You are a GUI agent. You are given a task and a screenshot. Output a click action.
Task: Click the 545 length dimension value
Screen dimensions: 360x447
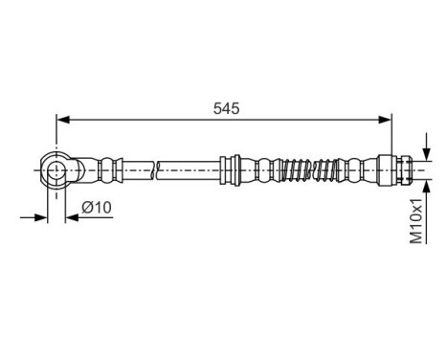pos(226,108)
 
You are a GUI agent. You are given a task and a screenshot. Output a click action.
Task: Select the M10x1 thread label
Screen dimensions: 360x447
pos(414,222)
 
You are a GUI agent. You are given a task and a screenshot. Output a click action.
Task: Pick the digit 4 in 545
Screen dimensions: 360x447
pos(226,108)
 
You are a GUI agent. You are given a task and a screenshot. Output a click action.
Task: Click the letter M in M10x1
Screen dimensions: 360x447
pos(414,237)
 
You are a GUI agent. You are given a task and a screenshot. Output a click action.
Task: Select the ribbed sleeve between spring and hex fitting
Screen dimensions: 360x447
pos(359,169)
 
